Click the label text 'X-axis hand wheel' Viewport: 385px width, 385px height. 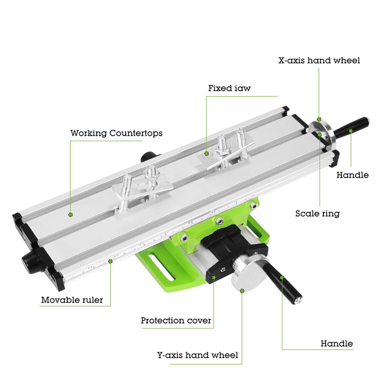click(x=319, y=60)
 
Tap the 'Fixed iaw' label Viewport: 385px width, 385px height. click(x=229, y=88)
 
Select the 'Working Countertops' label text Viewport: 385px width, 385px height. click(x=116, y=133)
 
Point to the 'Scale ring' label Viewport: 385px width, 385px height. click(x=317, y=213)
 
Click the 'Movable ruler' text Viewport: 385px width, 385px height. click(x=72, y=300)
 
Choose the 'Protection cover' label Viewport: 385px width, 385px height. click(x=176, y=320)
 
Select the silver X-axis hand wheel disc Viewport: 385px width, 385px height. click(x=323, y=135)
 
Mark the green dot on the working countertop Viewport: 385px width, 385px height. click(x=70, y=214)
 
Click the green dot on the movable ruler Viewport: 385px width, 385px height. click(x=110, y=261)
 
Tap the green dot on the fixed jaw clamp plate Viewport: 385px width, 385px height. click(x=207, y=153)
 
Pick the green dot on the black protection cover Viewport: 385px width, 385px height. click(x=214, y=276)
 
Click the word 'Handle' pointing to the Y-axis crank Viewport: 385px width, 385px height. click(x=337, y=343)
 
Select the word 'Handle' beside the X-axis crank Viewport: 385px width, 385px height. click(x=352, y=175)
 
